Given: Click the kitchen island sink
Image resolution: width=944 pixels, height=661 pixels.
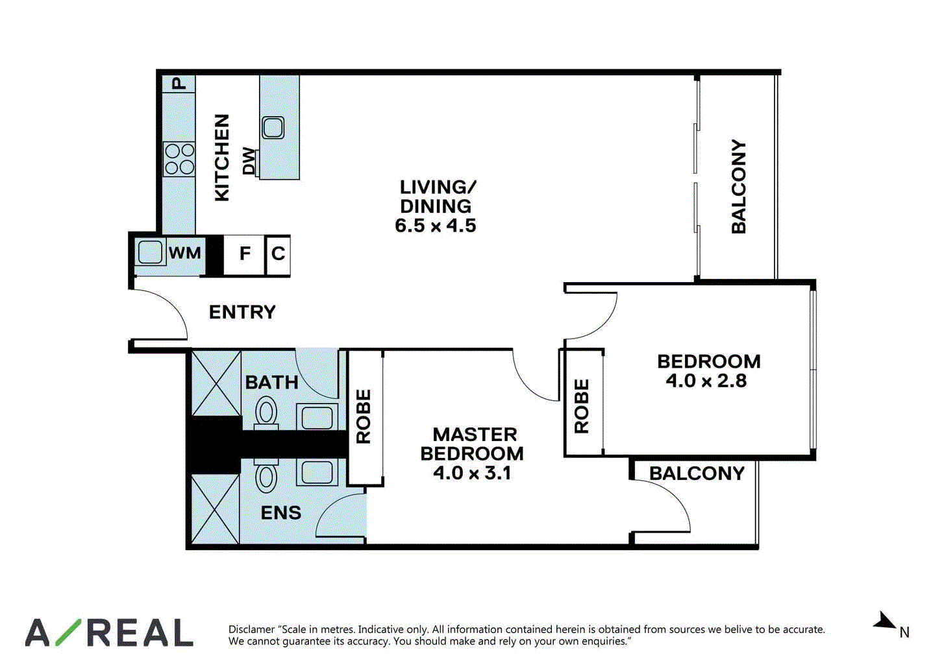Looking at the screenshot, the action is click(x=273, y=127).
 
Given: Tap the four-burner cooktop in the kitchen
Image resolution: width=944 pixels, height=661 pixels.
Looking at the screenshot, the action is click(x=180, y=159).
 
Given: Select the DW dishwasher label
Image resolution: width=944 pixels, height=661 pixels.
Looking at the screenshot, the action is click(x=249, y=161).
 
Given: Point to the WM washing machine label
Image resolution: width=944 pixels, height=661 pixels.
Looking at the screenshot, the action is click(x=185, y=253).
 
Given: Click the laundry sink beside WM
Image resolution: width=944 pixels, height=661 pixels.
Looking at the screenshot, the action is click(x=150, y=252).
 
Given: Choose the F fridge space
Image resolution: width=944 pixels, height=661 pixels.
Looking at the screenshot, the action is click(x=243, y=255).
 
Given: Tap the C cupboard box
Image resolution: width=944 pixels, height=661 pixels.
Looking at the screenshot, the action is click(x=278, y=255).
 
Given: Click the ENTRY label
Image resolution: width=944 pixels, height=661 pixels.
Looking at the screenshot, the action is click(x=242, y=313).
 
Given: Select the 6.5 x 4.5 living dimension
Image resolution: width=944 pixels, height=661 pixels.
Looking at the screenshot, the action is click(x=436, y=225).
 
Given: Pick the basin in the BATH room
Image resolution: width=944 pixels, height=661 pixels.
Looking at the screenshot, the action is click(x=317, y=418).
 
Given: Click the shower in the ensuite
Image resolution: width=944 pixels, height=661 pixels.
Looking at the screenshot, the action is click(x=216, y=509).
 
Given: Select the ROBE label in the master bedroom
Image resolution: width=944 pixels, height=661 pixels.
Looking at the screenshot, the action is click(x=364, y=416).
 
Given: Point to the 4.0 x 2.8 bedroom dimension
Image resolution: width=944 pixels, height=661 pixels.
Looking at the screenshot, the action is click(x=706, y=381).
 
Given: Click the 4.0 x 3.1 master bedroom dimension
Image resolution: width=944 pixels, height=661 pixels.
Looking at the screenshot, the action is click(x=472, y=473).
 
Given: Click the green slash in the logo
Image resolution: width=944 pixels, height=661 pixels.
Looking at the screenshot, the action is click(x=68, y=632).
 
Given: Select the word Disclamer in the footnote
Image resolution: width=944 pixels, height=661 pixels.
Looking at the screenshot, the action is click(x=251, y=629).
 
